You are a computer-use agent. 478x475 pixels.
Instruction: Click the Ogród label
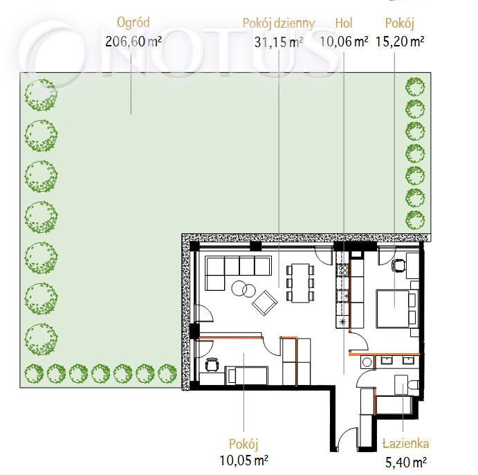tap(134, 23)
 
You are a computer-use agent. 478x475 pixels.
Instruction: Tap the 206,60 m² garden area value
tap(134, 42)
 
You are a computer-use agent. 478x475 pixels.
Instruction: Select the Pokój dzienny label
tap(279, 23)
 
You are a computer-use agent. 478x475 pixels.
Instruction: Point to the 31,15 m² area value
tap(279, 42)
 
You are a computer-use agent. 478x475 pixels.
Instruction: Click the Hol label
tap(344, 23)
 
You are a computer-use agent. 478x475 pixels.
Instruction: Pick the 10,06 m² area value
tap(344, 41)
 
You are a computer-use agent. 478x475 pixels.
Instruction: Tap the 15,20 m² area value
tap(400, 41)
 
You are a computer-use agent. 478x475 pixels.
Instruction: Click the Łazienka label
tap(405, 444)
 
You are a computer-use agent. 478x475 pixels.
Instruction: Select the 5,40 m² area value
tap(406, 463)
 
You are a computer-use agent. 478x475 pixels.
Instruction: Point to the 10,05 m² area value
tap(244, 460)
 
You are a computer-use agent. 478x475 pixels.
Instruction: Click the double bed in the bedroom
tap(396, 308)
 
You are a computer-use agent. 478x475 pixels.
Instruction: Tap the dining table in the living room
tap(300, 283)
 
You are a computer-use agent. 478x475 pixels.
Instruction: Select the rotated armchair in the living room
tap(265, 303)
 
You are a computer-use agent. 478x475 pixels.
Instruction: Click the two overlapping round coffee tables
tap(243, 289)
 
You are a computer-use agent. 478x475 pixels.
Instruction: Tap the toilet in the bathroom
tap(413, 385)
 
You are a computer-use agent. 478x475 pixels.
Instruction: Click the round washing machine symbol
tap(367, 362)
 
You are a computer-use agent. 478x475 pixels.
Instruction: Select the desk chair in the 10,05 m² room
tap(212, 364)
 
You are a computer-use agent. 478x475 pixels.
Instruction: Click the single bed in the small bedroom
tap(246, 375)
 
